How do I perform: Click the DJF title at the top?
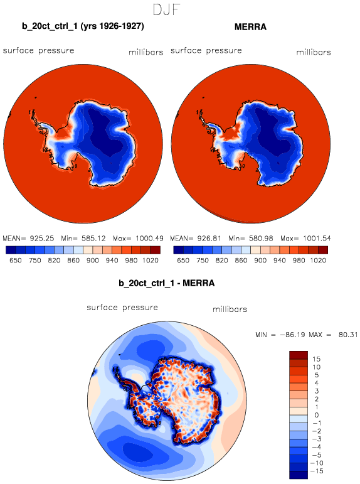point(166,9)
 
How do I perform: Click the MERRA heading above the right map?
point(250,27)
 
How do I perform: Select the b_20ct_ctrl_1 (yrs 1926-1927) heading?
point(83,26)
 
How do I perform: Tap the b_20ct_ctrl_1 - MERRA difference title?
point(167,283)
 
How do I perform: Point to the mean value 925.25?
point(41,239)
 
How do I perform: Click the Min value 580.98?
point(262,239)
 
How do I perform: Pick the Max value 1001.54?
point(317,239)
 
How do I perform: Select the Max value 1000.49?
point(149,239)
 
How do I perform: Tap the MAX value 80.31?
point(348,335)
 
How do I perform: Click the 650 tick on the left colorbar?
point(16,261)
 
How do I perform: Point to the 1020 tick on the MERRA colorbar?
point(318,261)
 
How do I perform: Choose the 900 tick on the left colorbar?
point(93,261)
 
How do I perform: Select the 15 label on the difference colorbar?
point(317,359)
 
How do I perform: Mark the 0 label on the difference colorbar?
point(317,415)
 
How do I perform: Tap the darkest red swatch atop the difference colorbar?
point(299,355)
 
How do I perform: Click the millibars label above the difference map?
point(230,309)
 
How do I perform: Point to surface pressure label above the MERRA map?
point(206,51)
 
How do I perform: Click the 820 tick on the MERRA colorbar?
point(221,261)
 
